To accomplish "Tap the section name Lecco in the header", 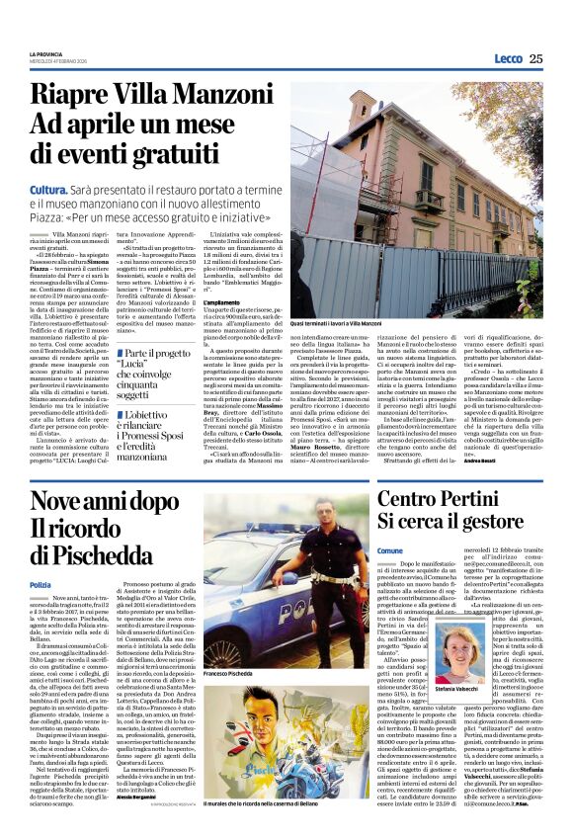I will click(507, 58).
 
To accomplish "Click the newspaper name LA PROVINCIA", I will click(44, 52).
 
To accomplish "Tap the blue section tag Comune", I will click(390, 550).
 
